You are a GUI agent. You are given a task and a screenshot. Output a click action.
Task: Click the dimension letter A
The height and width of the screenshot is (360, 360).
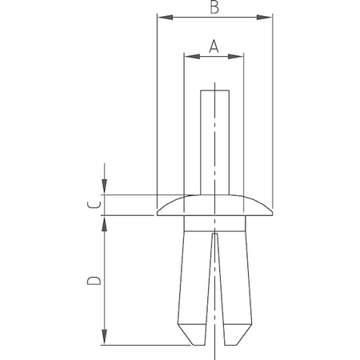coord(214,46)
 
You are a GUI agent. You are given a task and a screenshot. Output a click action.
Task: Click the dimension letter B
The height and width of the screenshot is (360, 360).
coord(214,8)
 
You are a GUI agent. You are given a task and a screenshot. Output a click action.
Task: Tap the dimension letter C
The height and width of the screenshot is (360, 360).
coord(94,205)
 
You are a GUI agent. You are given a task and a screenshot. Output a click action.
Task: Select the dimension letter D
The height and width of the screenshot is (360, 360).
coord(93,281)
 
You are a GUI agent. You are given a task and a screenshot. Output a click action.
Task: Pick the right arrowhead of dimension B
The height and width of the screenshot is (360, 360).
coord(267,16)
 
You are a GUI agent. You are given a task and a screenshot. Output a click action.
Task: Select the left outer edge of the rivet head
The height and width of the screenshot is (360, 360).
coord(158,210)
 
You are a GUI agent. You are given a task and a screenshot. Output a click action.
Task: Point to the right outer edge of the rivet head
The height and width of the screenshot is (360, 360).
coord(271,210)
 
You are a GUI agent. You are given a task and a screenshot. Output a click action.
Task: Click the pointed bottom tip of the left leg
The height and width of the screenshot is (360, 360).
coord(192,344)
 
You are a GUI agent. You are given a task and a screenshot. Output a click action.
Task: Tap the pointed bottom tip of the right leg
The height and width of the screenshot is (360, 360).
coord(237,344)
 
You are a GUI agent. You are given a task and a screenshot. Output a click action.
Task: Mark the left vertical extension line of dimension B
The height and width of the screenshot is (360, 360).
coord(157,104)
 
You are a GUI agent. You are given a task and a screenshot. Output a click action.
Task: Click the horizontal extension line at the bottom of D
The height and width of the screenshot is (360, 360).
coord(144,345)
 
